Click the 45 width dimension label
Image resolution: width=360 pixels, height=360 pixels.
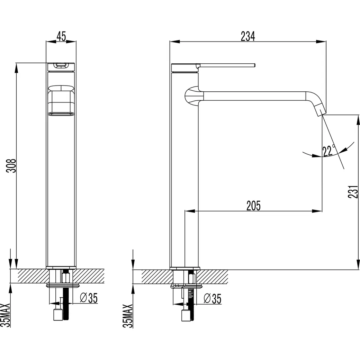point(61,36)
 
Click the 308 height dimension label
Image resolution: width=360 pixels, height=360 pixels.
point(12,166)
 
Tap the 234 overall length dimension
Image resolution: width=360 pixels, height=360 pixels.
point(248,36)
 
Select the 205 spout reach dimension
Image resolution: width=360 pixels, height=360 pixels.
point(253,205)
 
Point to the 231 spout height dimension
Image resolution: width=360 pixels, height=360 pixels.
point(353,191)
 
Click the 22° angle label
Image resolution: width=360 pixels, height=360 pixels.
point(328,151)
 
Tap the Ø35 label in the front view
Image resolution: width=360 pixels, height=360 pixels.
point(89,298)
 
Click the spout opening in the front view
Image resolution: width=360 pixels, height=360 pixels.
point(61,114)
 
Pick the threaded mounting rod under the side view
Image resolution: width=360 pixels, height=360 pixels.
point(190,298)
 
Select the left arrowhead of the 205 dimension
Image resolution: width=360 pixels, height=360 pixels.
point(189,210)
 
